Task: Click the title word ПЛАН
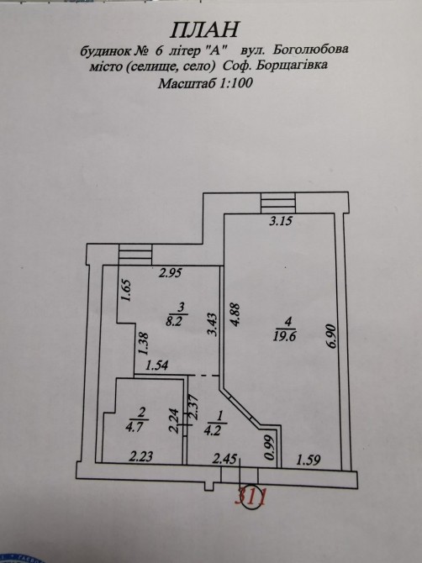[203, 29]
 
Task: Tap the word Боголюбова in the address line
[311, 50]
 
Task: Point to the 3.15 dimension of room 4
[281, 221]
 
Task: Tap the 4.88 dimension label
[235, 315]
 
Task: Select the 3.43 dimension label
[212, 324]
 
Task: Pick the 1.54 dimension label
[157, 366]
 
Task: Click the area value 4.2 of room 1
[213, 430]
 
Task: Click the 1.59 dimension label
[309, 460]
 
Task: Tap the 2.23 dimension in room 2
[141, 457]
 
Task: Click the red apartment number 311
[251, 498]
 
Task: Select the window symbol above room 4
[278, 203]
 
